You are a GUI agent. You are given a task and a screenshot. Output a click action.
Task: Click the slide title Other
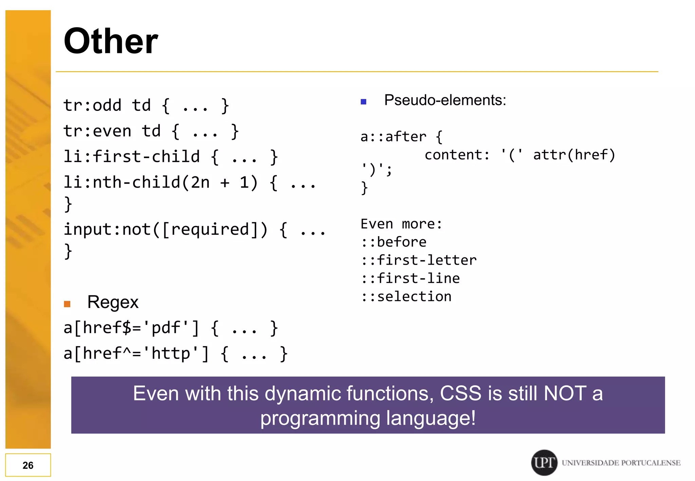click(x=111, y=41)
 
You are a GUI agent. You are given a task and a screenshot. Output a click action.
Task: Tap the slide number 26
click(x=28, y=465)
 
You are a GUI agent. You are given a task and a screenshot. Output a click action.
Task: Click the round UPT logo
click(x=544, y=462)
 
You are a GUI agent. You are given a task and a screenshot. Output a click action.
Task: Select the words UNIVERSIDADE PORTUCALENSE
click(x=621, y=463)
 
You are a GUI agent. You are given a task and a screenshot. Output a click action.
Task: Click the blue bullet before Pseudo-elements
click(x=363, y=101)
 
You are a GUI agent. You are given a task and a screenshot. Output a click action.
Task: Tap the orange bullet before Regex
click(x=67, y=304)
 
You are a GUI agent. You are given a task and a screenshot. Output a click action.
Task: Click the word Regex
click(x=113, y=302)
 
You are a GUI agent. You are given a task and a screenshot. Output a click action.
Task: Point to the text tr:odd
click(x=92, y=105)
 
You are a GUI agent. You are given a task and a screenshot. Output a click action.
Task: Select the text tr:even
click(x=97, y=131)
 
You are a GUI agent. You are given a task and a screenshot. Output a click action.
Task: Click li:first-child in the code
click(x=132, y=157)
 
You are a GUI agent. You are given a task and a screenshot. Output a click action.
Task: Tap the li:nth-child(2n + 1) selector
click(x=161, y=182)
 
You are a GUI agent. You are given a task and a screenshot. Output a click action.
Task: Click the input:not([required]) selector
click(x=166, y=229)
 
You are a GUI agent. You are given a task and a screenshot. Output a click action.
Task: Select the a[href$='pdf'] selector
click(x=132, y=328)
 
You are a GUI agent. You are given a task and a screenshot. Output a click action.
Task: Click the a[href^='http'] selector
click(x=136, y=354)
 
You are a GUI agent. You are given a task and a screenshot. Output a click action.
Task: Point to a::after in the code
click(x=393, y=137)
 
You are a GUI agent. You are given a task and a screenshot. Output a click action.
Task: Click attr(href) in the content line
click(x=574, y=155)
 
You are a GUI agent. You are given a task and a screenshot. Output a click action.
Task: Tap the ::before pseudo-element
click(x=394, y=242)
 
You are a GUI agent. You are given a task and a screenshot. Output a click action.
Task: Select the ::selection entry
click(x=406, y=296)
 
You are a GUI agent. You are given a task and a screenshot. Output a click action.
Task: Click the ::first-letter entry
click(x=419, y=260)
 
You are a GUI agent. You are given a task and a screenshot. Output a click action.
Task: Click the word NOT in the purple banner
click(x=565, y=393)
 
